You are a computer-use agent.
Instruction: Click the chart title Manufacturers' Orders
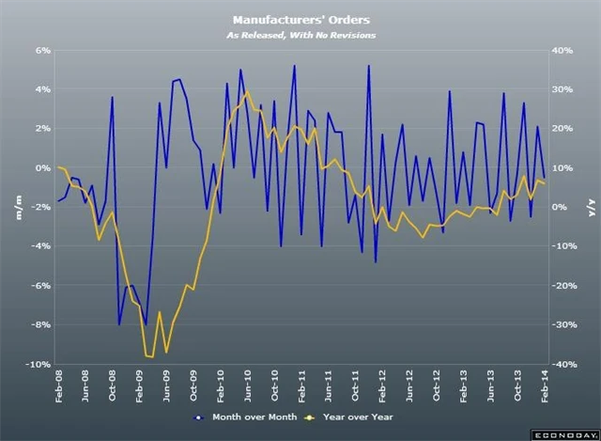click(x=300, y=18)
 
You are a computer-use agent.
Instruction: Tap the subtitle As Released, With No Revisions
click(x=300, y=35)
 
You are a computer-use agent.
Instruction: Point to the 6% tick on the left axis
click(x=41, y=51)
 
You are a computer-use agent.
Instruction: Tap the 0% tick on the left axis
click(x=41, y=168)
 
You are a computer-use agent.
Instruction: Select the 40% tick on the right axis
click(x=563, y=51)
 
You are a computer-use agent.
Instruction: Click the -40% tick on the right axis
click(x=565, y=364)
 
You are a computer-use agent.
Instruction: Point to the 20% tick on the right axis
click(x=563, y=129)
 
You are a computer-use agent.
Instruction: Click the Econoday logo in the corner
click(x=566, y=434)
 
